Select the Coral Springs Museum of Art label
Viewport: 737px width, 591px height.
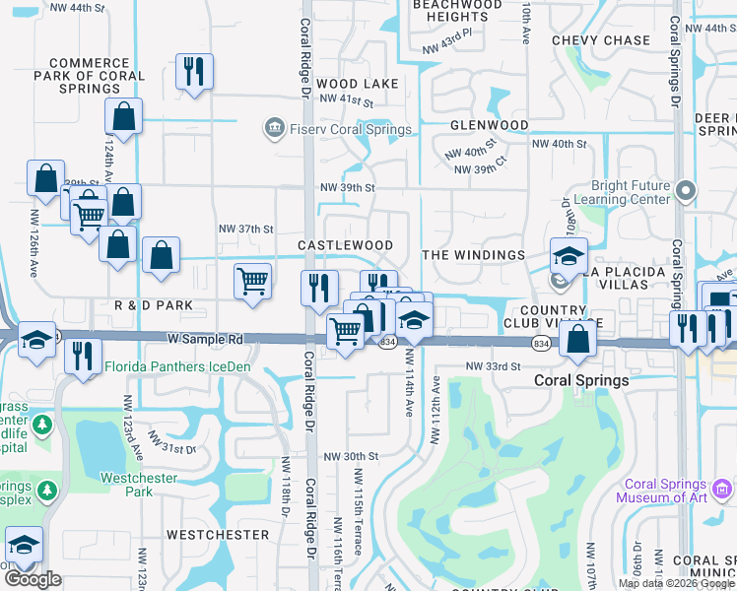point(675,491)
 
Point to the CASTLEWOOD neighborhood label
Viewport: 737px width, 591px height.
point(346,245)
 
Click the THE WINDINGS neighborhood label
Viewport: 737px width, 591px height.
point(474,255)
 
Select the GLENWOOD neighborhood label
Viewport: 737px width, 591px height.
point(490,126)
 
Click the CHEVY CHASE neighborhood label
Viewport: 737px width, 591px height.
point(601,40)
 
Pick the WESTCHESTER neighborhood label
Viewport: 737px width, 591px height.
point(218,535)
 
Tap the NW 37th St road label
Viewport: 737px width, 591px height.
point(245,229)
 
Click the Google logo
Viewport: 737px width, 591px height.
point(33,579)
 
